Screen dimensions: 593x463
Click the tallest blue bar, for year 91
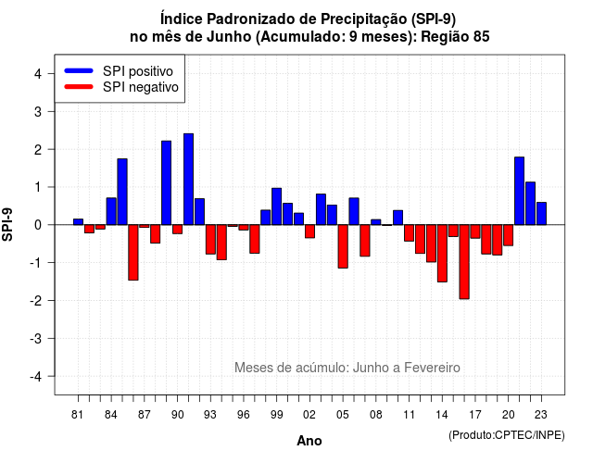click(188, 179)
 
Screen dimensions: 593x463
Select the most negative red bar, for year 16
click(464, 262)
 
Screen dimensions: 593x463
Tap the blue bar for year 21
click(519, 191)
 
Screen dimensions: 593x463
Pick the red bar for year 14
click(442, 253)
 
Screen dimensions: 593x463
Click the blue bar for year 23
click(541, 214)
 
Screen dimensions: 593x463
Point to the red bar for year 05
click(343, 246)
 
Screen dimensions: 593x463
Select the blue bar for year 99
click(276, 206)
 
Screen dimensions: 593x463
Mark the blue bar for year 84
click(111, 211)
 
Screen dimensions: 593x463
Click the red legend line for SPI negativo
click(79, 87)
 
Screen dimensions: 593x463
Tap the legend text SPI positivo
click(138, 71)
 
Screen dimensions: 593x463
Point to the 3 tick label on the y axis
click(38, 111)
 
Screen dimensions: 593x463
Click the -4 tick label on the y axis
click(36, 377)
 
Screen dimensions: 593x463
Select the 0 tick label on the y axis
click(38, 225)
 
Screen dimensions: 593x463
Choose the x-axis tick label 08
click(375, 415)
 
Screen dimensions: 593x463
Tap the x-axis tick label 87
click(145, 415)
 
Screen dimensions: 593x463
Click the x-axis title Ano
click(309, 441)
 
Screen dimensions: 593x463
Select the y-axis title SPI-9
click(7, 224)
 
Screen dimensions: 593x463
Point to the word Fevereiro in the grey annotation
click(432, 368)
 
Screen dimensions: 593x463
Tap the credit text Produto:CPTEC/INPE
click(507, 435)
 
